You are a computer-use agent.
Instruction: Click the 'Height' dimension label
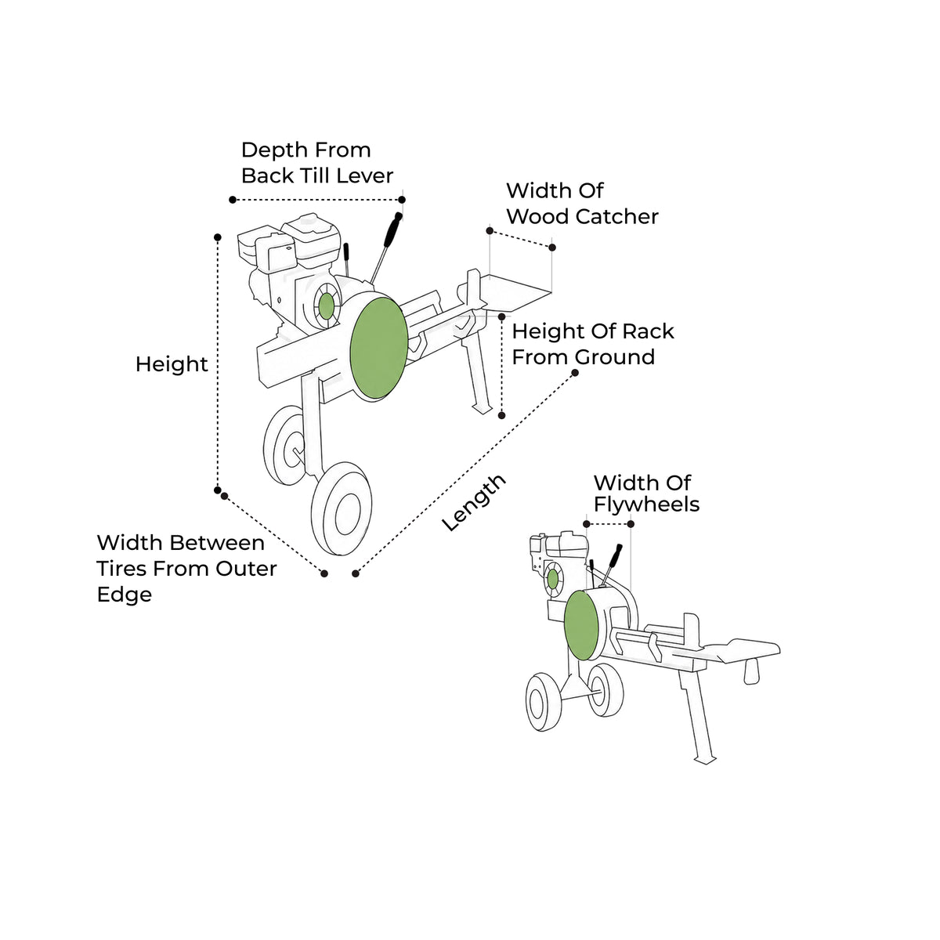pos(172,365)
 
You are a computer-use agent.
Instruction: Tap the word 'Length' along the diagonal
pos(473,502)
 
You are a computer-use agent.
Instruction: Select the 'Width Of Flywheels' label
pos(646,493)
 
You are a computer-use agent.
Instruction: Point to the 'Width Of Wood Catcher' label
pos(583,204)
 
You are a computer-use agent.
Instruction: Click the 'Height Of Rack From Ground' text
pos(593,344)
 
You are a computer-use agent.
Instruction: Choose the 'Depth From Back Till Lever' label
pos(317,163)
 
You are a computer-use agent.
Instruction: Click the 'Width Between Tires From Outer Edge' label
pos(187,568)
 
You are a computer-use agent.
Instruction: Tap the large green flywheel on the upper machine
pos(379,349)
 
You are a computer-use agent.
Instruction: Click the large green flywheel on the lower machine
pos(581,625)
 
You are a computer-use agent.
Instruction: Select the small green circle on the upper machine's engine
pos(327,305)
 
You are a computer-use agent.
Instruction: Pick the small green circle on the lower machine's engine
pos(553,580)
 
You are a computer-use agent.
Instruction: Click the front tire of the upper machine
pos(342,509)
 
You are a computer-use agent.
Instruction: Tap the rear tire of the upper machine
pos(284,446)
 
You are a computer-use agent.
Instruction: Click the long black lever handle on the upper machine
pos(392,231)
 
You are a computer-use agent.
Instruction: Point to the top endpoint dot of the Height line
pos(218,237)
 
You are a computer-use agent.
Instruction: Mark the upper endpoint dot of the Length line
pos(575,373)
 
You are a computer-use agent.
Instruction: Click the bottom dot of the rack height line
pos(501,415)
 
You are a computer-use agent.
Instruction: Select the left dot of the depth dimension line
pos(233,200)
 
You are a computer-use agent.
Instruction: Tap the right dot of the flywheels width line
pos(631,524)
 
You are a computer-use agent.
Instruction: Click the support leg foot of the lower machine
pos(705,761)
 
